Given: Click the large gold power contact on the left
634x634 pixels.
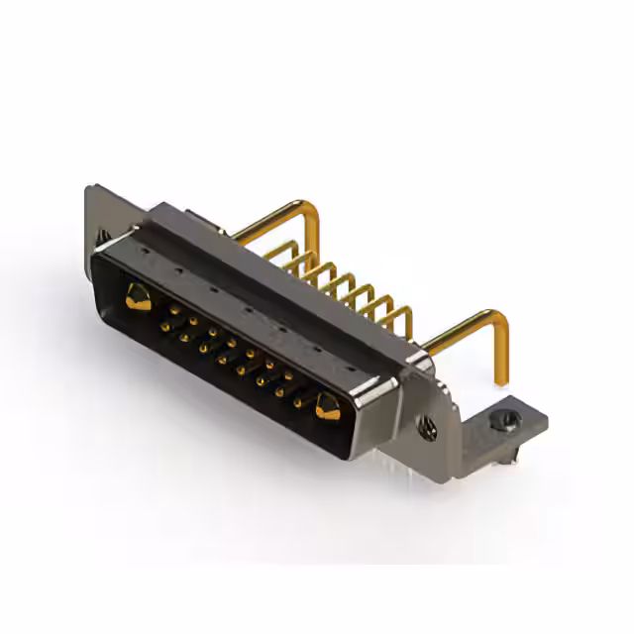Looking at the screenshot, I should coord(139,296).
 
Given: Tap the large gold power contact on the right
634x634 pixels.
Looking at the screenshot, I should coord(327,404).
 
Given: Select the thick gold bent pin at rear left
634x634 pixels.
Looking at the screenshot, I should coord(277,214).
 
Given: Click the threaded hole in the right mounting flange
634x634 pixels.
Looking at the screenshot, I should coord(429,428).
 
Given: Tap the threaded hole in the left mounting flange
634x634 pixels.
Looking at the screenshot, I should coord(103,236).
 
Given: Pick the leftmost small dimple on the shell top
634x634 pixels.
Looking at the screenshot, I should coord(147,252).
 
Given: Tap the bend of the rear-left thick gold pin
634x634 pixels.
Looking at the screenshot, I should coord(311,210).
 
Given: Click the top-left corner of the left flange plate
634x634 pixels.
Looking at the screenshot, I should coord(89,188).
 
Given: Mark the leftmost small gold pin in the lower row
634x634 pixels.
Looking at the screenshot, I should coord(184,337).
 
